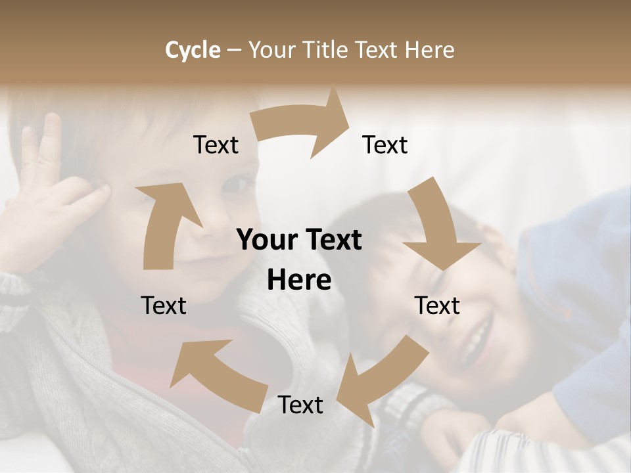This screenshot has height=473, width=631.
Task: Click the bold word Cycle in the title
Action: tap(193, 50)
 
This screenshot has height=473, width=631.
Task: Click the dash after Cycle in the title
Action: tap(233, 50)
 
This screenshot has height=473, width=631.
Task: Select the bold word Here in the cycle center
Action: tap(299, 281)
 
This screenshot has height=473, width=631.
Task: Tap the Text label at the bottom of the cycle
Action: tap(300, 405)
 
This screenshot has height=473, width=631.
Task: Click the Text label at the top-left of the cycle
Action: tap(216, 145)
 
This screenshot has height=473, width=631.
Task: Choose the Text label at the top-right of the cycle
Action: tap(385, 145)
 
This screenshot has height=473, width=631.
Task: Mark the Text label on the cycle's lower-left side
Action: tap(164, 305)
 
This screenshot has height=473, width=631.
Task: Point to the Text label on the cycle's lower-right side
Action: tap(437, 305)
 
